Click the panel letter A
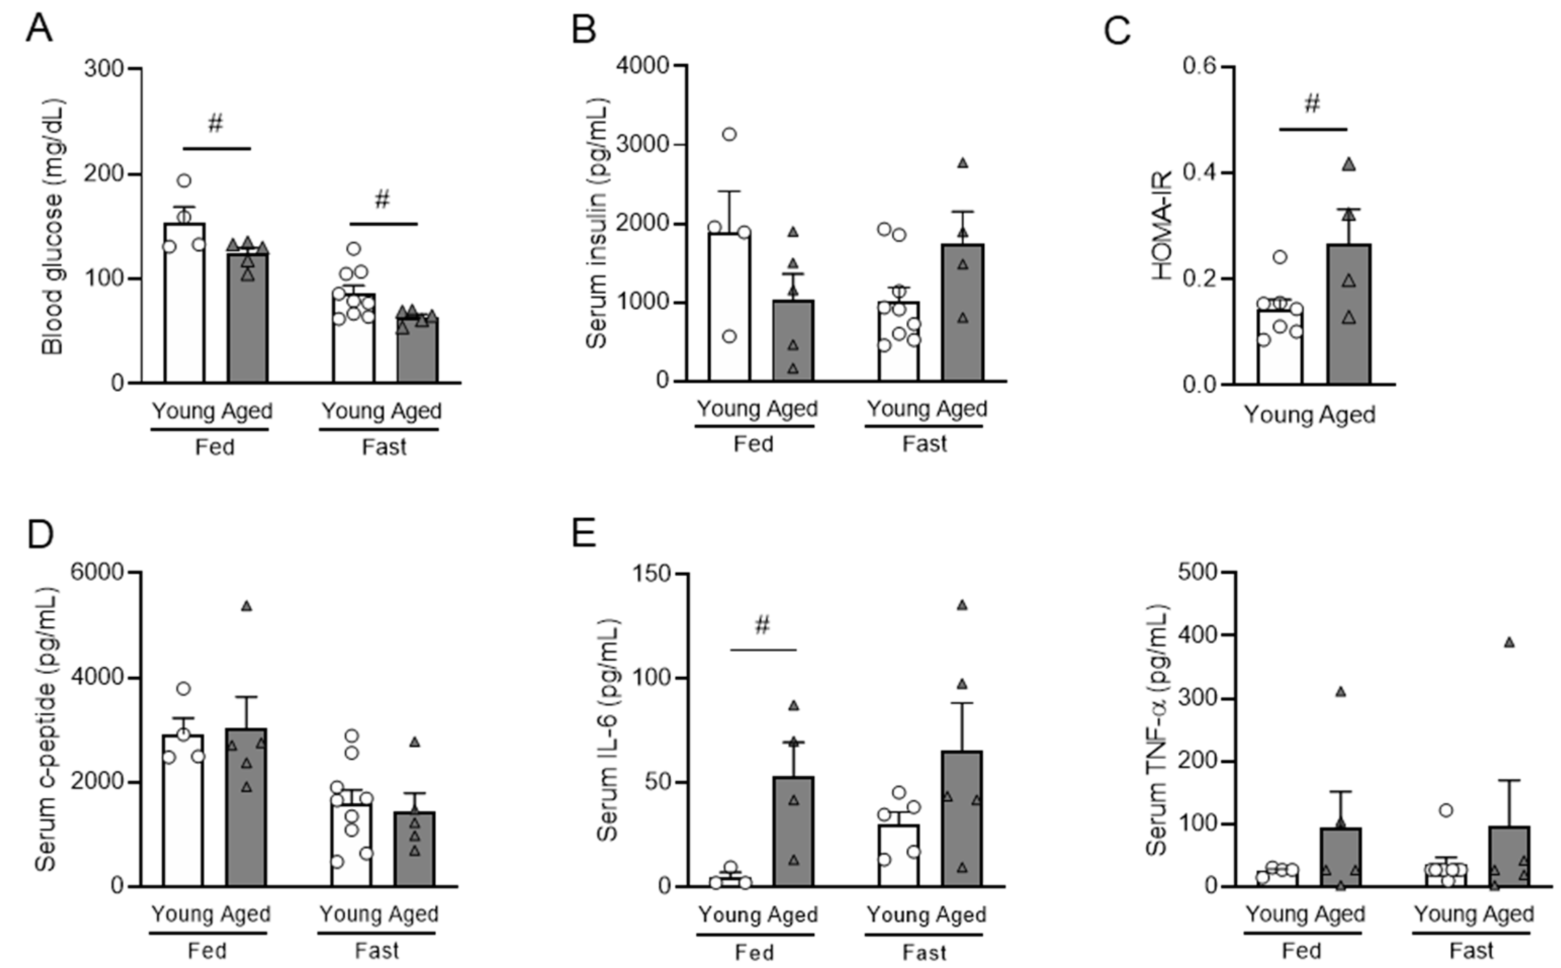(x=38, y=29)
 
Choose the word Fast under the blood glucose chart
(x=384, y=447)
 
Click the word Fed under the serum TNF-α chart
(x=1302, y=951)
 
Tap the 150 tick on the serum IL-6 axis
(x=651, y=574)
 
